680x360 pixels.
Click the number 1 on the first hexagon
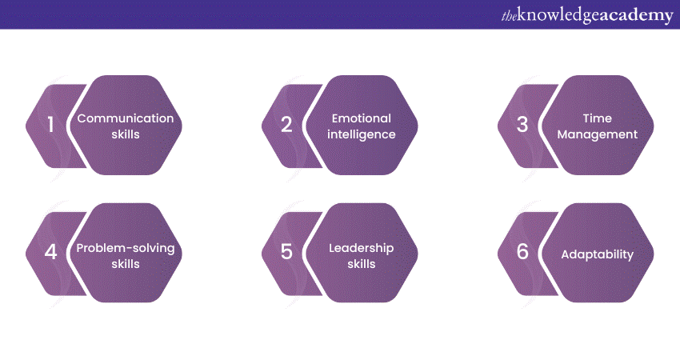(50, 124)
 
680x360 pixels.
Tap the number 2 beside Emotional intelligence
(286, 124)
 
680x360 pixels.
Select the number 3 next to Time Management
(522, 124)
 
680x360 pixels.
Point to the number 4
(50, 251)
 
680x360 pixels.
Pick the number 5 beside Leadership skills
(286, 251)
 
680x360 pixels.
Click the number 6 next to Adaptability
(522, 251)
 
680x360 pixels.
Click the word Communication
(126, 118)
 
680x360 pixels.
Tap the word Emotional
(362, 118)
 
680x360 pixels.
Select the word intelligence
(362, 134)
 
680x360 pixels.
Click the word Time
(597, 118)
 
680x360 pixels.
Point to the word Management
(597, 134)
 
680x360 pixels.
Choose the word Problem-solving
(126, 248)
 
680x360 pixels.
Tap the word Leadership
(362, 248)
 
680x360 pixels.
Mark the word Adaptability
(597, 254)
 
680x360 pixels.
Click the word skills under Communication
(126, 134)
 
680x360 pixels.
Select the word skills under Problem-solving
(126, 264)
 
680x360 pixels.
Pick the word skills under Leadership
(362, 264)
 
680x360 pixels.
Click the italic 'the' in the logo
(509, 16)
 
